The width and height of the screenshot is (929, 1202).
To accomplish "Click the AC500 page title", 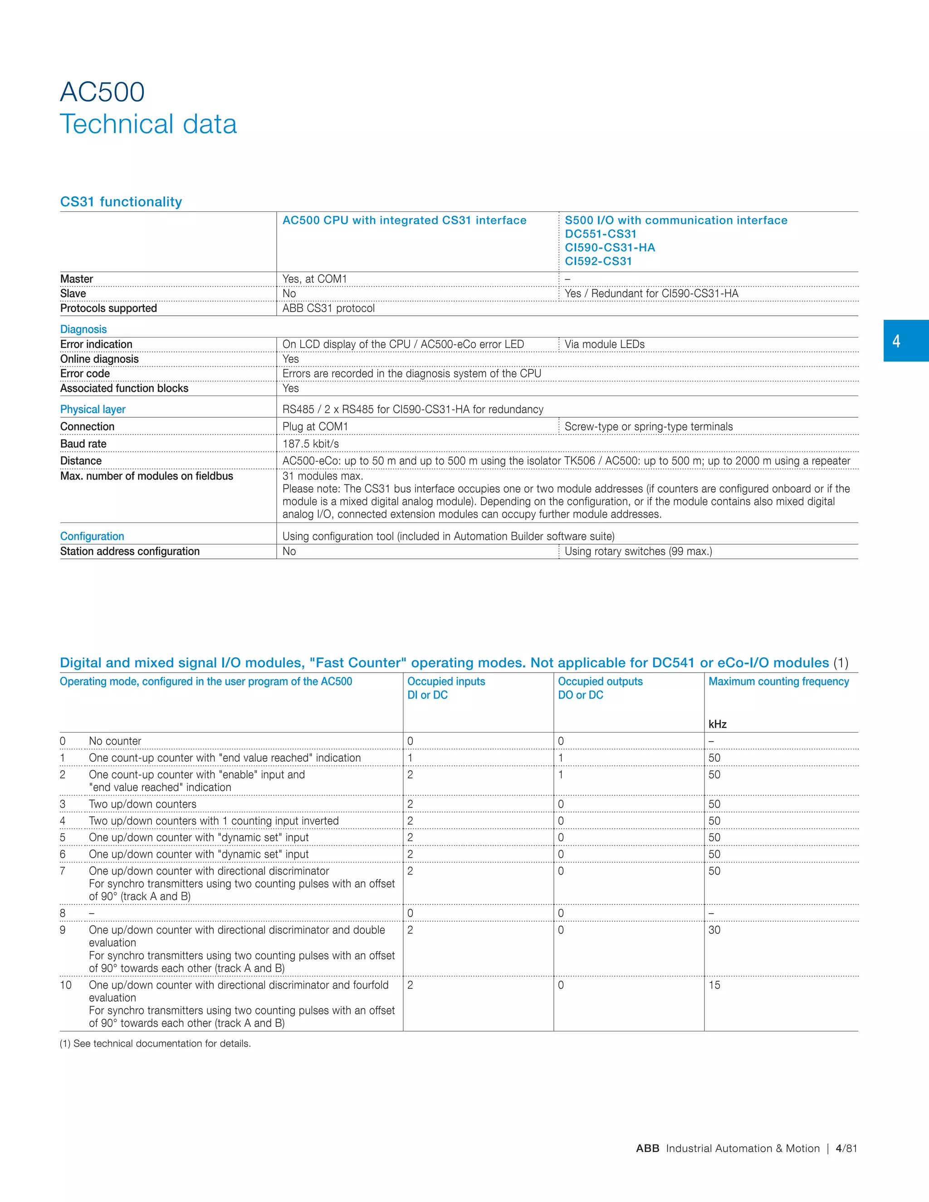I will (x=103, y=92).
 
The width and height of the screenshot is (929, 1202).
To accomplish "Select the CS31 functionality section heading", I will (x=121, y=201).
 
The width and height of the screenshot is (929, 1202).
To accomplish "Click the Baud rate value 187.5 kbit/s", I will (x=310, y=444).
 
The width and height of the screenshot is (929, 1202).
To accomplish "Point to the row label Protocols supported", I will (x=108, y=308).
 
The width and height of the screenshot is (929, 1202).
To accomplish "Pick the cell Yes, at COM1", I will (x=314, y=279).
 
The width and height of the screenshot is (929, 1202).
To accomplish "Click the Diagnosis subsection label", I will (x=83, y=329).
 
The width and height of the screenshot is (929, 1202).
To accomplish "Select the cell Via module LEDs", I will (x=604, y=344).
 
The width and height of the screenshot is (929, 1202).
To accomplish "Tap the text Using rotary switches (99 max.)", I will (x=638, y=551).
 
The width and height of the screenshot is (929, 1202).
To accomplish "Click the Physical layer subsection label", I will (x=93, y=409).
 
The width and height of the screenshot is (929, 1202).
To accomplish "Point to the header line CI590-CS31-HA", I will (x=610, y=248).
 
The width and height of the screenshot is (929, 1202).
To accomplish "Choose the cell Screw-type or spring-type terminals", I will (x=648, y=426).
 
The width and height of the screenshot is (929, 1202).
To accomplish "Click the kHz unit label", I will (x=717, y=724).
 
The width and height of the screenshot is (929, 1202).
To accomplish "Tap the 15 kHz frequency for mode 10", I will (x=714, y=985).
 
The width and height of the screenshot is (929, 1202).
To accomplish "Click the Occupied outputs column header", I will (x=600, y=681).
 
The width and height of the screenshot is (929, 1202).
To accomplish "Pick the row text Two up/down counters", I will (x=142, y=804).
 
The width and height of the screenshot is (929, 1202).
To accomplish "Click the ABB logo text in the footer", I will (x=647, y=1148).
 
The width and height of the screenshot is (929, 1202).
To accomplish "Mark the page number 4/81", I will (x=846, y=1148).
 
